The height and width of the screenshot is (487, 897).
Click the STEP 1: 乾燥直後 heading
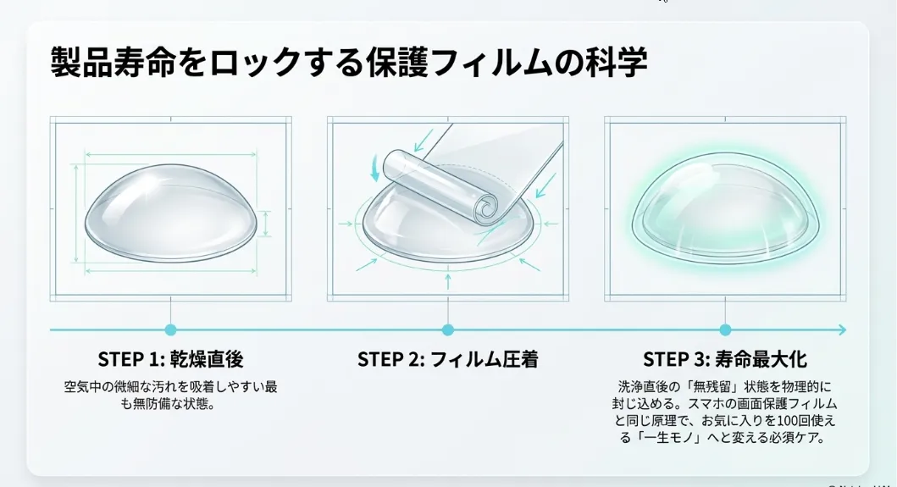[170, 359]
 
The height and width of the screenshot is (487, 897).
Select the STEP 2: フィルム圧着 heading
[447, 359]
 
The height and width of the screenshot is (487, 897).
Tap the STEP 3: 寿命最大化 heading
[724, 359]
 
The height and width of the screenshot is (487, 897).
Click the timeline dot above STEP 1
[170, 329]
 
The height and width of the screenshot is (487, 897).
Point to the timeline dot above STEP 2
[447, 329]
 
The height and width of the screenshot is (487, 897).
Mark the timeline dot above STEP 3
[725, 329]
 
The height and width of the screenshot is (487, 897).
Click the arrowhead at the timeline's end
[841, 329]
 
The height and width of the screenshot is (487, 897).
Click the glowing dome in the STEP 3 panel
[724, 212]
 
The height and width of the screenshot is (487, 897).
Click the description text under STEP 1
[170, 395]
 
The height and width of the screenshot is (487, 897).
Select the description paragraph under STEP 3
[724, 411]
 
